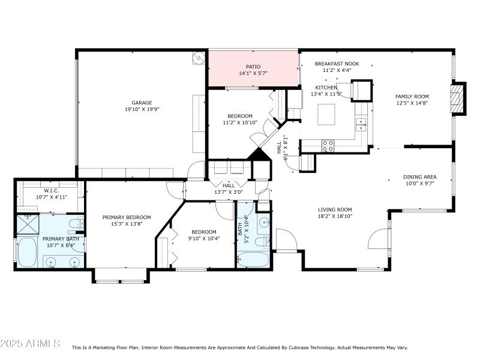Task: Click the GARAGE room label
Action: click(142, 103)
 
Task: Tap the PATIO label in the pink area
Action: click(253, 67)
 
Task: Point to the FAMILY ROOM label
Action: click(412, 96)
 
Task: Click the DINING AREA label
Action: click(419, 177)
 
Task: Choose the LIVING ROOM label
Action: click(334, 210)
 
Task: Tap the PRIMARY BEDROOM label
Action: click(126, 217)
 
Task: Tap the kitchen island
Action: click(326, 113)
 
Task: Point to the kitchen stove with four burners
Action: click(328, 145)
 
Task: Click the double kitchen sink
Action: click(362, 124)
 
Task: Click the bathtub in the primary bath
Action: click(28, 253)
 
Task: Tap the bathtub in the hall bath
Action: click(253, 259)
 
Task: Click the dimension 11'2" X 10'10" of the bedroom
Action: click(239, 123)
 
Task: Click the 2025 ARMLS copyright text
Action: click(30, 344)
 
